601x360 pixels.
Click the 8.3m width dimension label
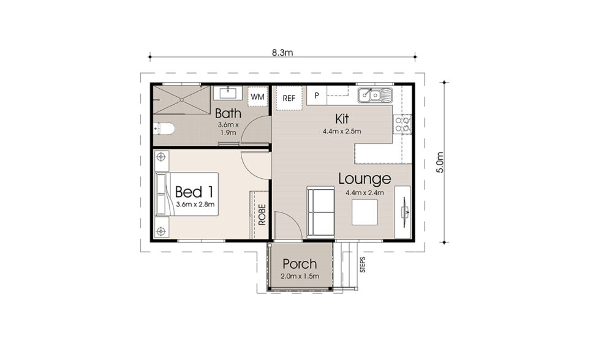[283, 52]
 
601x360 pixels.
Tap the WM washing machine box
[257, 97]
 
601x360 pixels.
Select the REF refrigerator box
[289, 98]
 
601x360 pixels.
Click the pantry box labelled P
[317, 96]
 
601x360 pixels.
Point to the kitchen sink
[376, 95]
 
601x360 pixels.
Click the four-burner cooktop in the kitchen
[403, 125]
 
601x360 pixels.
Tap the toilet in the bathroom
[164, 129]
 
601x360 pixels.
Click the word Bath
[228, 114]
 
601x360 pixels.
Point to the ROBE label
[262, 215]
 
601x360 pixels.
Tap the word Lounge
[364, 179]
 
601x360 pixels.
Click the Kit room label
[342, 118]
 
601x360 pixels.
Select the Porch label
[299, 264]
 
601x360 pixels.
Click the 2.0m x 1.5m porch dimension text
[299, 277]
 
